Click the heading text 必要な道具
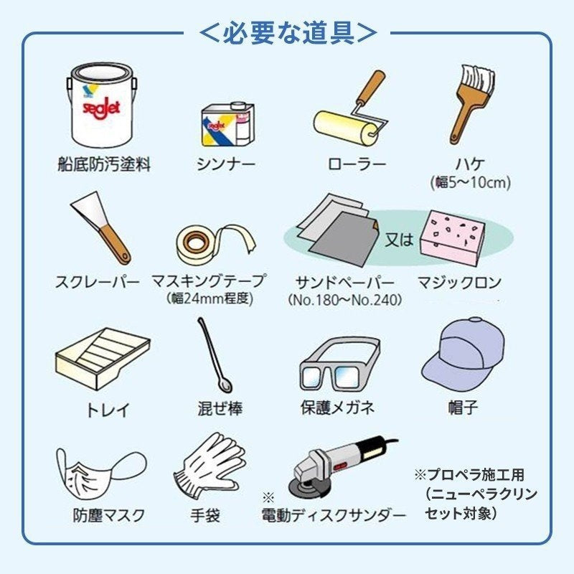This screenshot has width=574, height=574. point(287,32)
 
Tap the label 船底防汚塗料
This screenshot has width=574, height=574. point(105,165)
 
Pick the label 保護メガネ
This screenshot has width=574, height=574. point(337,408)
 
